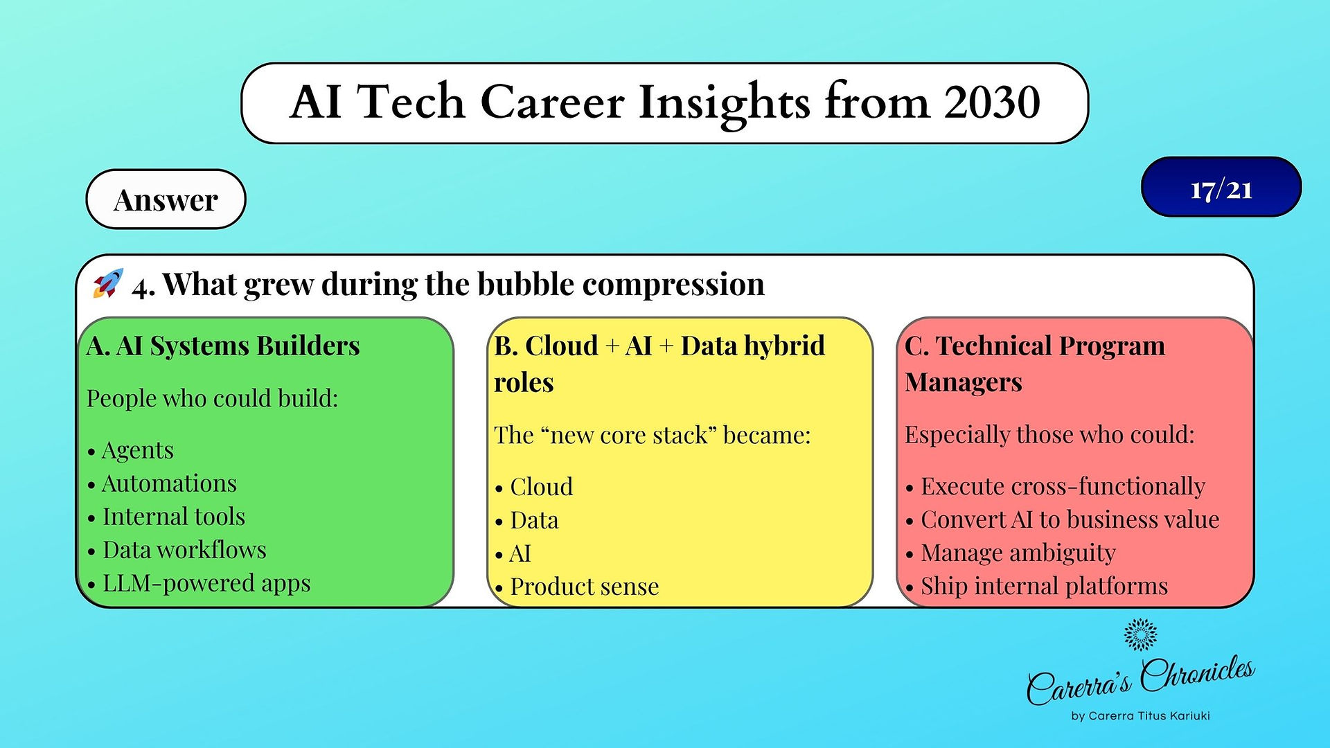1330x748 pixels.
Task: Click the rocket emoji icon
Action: click(108, 283)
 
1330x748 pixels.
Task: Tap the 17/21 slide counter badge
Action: click(1221, 187)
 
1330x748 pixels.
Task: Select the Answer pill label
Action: click(166, 199)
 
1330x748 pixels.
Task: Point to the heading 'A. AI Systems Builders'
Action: click(223, 346)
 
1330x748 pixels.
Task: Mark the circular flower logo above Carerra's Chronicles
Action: click(1140, 634)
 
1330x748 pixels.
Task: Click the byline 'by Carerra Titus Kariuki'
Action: click(1140, 716)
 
